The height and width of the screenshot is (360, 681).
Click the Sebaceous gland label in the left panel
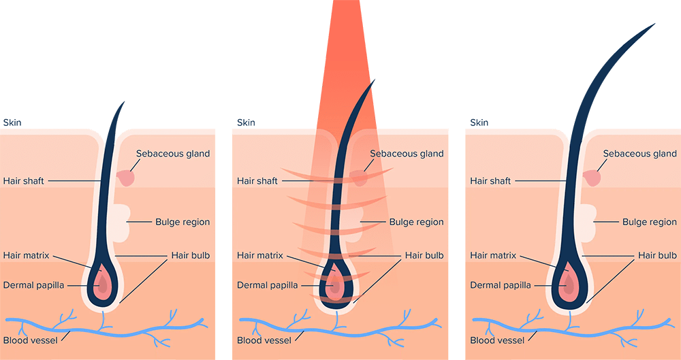[173, 154]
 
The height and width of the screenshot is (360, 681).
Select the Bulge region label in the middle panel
[416, 222]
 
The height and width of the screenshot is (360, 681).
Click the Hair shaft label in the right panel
[490, 181]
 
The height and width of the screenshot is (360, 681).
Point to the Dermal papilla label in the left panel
[33, 285]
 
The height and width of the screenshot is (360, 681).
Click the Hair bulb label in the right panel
[657, 256]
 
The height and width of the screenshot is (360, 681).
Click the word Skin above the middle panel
[245, 122]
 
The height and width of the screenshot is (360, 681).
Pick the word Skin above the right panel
[479, 122]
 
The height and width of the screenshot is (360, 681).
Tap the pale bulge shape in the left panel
[119, 221]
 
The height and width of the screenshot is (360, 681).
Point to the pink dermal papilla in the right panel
[567, 284]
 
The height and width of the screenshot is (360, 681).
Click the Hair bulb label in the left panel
[190, 256]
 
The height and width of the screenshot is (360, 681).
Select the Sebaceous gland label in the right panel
[640, 154]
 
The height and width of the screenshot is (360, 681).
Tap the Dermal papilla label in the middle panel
[267, 285]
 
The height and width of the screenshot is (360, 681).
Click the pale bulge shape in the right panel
[586, 221]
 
